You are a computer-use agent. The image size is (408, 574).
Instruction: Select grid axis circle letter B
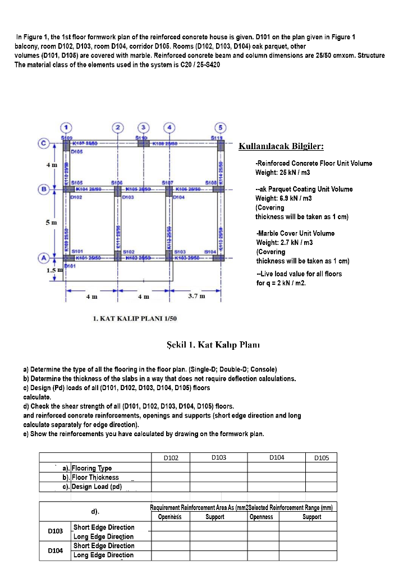pyautogui.click(x=43, y=188)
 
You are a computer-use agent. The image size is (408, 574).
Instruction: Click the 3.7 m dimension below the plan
pyautogui.click(x=196, y=296)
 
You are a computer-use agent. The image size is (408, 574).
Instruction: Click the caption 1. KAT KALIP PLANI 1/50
pyautogui.click(x=135, y=318)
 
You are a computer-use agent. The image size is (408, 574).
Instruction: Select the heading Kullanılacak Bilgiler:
pyautogui.click(x=281, y=147)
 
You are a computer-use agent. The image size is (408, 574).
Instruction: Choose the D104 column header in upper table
pyautogui.click(x=277, y=457)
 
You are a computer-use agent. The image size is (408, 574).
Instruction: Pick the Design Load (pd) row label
pyautogui.click(x=97, y=487)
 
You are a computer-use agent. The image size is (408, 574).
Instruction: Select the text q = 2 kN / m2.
pyautogui.click(x=281, y=283)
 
